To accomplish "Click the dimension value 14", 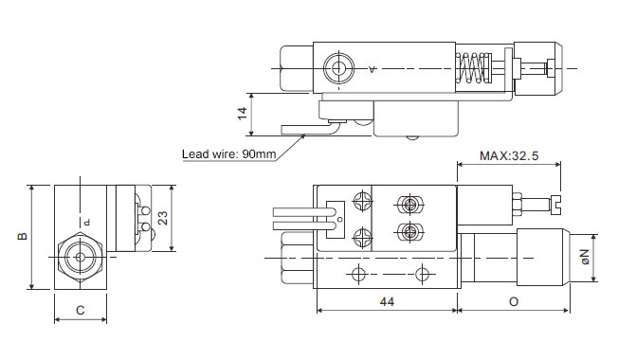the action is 243,114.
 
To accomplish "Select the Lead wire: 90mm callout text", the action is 229,153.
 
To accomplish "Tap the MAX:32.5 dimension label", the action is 509,156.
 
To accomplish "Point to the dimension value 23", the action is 162,218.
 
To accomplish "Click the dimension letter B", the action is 23,236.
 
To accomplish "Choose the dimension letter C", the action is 80,311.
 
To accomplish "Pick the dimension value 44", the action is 387,301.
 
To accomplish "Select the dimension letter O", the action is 514,301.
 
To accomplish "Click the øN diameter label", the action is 585,257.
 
